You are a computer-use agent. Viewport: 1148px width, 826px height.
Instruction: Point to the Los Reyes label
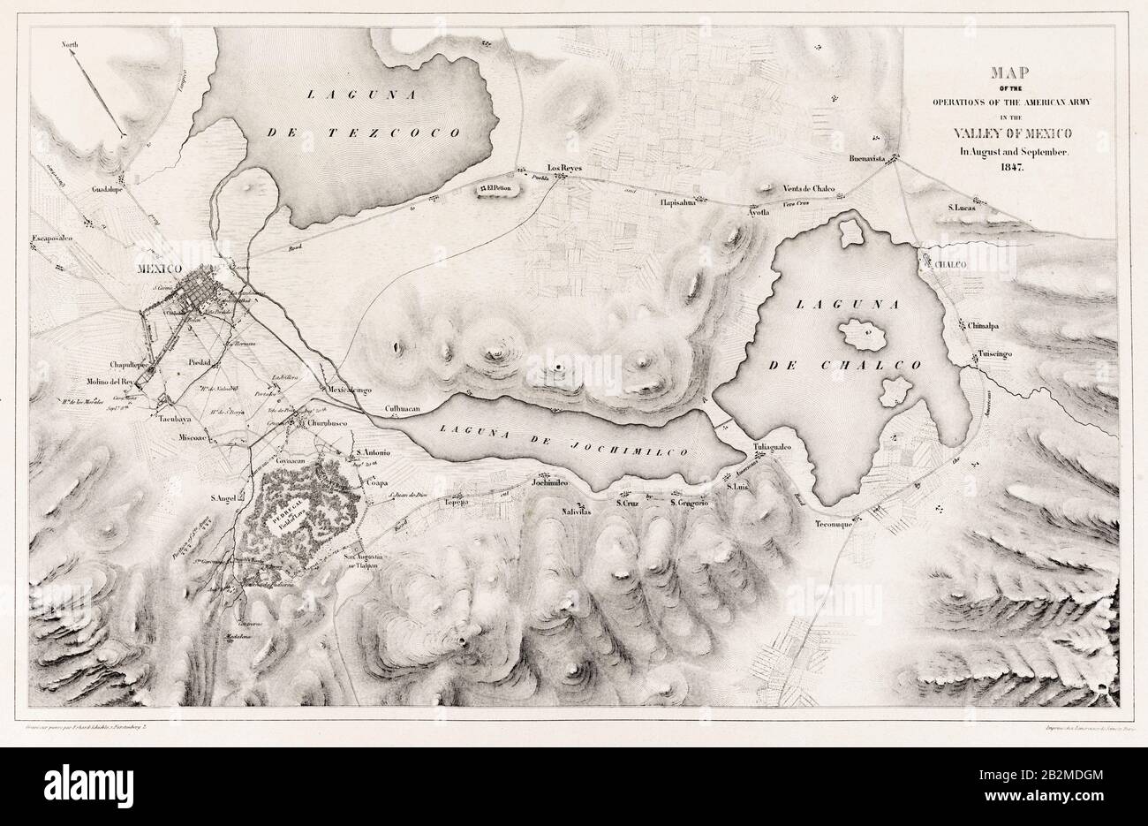[567, 165]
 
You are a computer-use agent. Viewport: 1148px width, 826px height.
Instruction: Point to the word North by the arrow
[70, 43]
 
